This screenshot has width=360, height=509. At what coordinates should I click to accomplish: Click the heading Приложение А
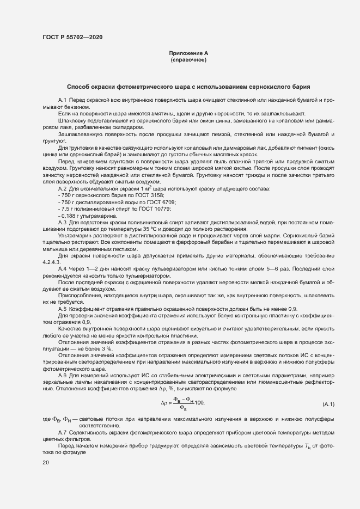point(188,53)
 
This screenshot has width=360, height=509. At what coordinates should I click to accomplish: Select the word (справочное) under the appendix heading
point(188,60)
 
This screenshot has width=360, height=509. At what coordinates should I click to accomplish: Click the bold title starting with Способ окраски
point(188,87)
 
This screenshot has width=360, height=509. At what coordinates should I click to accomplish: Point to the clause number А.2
point(62,188)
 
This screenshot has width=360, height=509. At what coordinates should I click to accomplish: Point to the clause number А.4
point(62,269)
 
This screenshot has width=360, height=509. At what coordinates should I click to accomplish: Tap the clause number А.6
point(62,376)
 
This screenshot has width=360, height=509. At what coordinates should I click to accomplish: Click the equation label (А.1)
point(328,404)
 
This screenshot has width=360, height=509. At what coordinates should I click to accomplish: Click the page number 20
point(46,462)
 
